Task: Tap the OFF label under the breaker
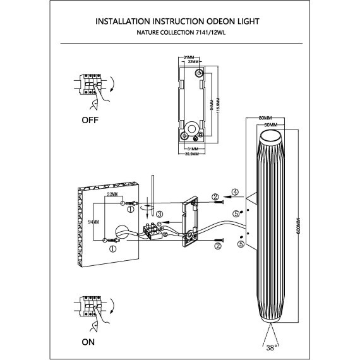[x=90, y=118]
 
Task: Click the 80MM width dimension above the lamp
[x=265, y=118]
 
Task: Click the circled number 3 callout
[x=160, y=215]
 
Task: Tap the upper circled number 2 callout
[x=215, y=197]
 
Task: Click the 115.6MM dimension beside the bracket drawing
[x=217, y=104]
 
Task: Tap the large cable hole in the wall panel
[x=122, y=231]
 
